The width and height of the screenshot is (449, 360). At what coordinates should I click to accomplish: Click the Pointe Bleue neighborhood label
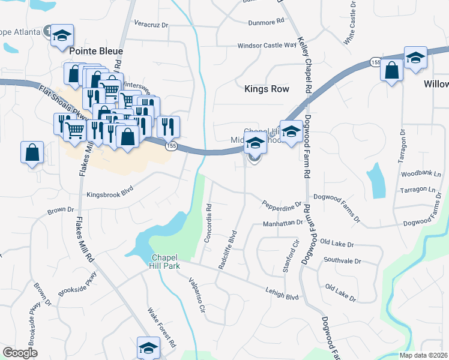[96, 52]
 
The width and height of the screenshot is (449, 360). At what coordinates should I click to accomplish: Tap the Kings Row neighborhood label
[267, 89]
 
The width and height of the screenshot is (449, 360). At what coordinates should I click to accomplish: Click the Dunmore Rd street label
[265, 22]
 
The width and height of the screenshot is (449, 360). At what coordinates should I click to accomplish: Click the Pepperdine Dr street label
[281, 205]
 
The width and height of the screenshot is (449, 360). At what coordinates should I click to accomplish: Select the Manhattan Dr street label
[283, 223]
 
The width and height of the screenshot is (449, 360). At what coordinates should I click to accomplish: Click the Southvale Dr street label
[342, 261]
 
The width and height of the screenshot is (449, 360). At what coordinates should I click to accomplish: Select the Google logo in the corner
[20, 353]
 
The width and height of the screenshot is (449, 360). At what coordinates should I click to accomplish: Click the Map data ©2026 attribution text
[415, 355]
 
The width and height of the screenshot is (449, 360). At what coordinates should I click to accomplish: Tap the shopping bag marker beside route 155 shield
[391, 71]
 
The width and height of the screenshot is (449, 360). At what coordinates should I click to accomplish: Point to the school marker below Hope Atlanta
[62, 35]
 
